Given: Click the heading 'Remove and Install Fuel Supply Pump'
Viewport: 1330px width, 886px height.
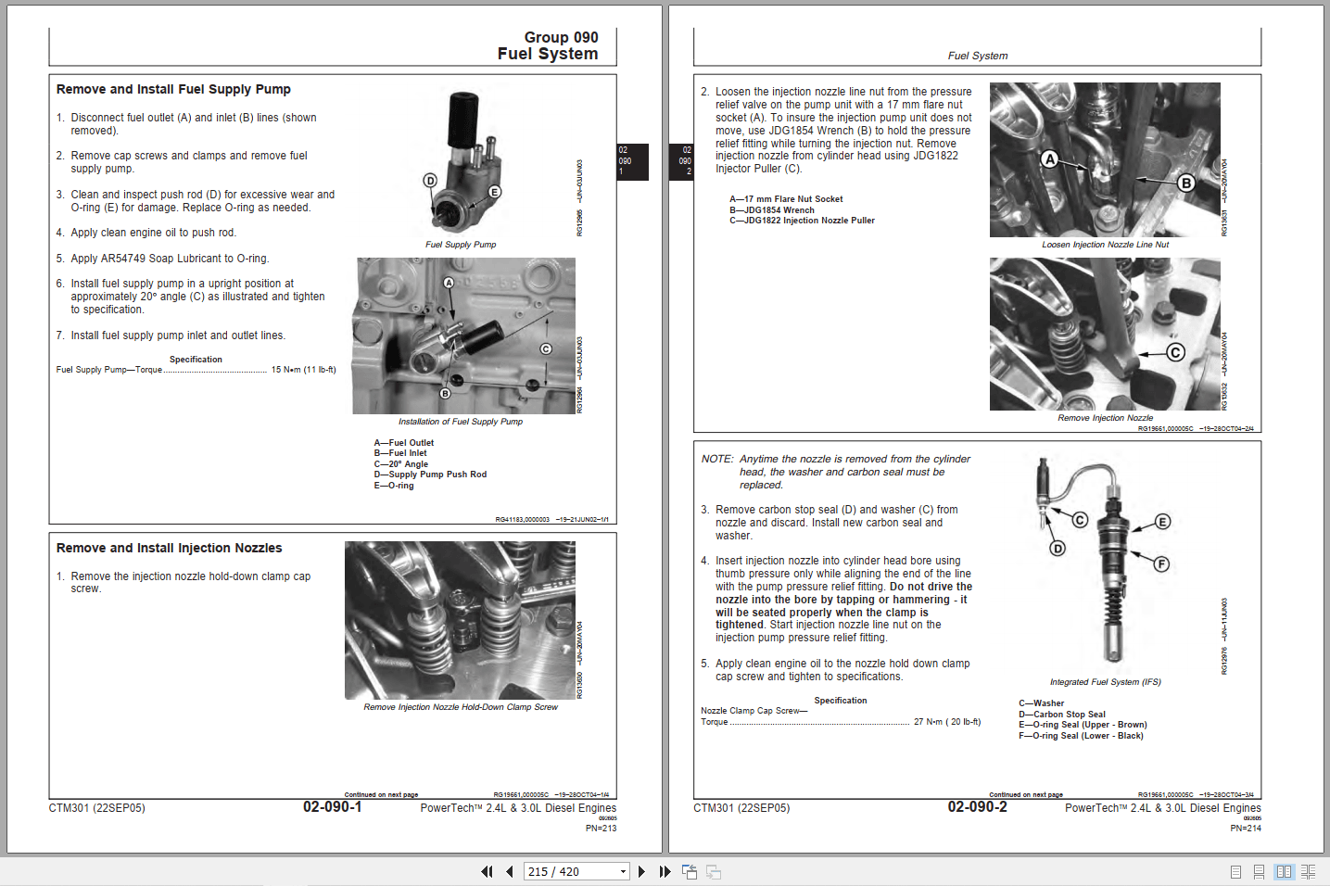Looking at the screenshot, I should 173,90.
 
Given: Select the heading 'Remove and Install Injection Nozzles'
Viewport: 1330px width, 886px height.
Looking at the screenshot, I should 169,549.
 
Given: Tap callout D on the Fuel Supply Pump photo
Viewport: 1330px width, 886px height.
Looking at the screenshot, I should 430,181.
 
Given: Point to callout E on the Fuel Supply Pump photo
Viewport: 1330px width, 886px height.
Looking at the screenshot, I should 494,192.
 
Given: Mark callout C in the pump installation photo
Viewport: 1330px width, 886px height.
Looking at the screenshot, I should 546,349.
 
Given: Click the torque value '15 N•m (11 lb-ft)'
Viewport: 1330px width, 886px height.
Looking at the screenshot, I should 303,370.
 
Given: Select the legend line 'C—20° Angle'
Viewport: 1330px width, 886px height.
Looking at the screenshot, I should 400,464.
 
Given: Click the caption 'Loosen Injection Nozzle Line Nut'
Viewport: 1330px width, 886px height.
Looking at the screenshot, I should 1105,245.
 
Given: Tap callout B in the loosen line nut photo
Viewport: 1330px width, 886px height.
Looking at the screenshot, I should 1185,184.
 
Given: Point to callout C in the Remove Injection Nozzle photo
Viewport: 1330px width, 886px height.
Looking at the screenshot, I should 1175,352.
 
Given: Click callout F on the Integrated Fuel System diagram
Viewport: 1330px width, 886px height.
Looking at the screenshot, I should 1161,564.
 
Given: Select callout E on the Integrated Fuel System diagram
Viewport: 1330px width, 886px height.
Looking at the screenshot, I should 1162,522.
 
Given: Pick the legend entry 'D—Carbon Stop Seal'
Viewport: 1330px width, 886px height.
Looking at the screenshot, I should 1061,715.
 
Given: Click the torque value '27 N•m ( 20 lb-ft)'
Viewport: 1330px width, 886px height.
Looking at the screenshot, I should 946,722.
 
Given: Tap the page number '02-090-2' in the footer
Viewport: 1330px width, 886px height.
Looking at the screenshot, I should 977,807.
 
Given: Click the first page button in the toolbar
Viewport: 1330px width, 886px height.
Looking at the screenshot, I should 487,871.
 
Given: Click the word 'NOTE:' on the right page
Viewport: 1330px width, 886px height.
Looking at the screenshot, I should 717,460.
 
